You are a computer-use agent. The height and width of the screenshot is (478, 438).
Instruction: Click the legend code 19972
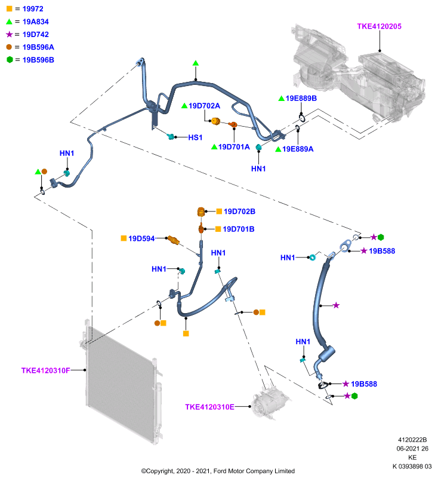coord(33,9)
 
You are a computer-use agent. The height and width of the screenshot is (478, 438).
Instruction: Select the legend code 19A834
coord(36,22)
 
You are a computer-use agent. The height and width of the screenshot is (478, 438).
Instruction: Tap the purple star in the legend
coord(10,34)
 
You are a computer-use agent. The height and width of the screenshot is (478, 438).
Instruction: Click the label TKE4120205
coord(380,26)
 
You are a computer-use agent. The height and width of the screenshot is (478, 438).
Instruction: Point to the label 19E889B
coord(301,98)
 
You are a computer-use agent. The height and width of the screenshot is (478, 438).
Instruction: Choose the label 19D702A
coord(204,106)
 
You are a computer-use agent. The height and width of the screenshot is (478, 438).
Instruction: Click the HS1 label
coord(195,137)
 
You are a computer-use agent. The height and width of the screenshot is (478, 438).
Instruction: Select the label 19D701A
coord(234,147)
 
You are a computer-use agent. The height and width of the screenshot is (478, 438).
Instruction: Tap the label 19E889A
coord(298,149)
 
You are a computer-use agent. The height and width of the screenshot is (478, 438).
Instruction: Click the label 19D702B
coord(239,212)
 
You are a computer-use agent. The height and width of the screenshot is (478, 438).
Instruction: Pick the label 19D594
coord(141,238)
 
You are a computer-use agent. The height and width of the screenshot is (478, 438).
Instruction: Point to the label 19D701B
coord(239,229)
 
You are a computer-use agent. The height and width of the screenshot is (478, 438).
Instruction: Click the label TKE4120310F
coord(46,370)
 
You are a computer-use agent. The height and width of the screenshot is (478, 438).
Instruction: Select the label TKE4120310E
coord(209,407)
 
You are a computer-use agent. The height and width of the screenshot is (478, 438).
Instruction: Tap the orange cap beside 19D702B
coord(201,212)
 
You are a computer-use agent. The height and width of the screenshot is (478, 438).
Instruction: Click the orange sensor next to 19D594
coord(173,240)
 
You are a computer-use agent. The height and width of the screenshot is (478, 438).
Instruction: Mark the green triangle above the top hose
coord(196,63)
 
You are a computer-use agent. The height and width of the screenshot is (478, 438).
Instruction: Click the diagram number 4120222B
coord(412,440)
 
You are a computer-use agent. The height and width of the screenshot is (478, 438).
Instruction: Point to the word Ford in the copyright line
coord(220,471)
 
